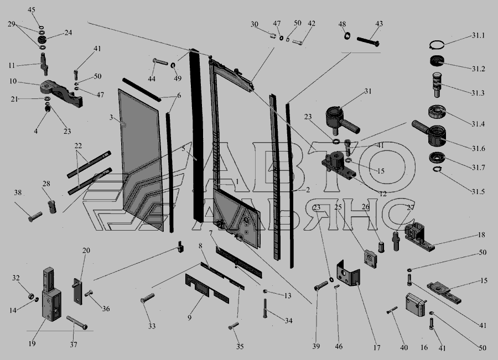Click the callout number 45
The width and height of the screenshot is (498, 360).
pyautogui.click(x=32, y=10)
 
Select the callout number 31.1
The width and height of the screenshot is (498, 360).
pyautogui.click(x=478, y=35)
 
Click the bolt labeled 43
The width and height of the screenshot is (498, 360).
pyautogui.click(x=368, y=41)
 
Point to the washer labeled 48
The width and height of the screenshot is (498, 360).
pyautogui.click(x=346, y=35)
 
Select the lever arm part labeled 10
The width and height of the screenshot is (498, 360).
pyautogui.click(x=62, y=93)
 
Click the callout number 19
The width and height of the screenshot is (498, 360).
pyautogui.click(x=32, y=343)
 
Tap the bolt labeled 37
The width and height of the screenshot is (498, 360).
pyautogui.click(x=77, y=322)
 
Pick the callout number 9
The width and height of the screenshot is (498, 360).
pyautogui.click(x=189, y=317)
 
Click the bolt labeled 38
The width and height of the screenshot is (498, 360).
pyautogui.click(x=35, y=217)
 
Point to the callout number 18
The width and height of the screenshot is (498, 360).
pyautogui.click(x=481, y=234)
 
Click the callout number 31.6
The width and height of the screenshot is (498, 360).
pyautogui.click(x=478, y=148)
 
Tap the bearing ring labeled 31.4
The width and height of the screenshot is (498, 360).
pyautogui.click(x=438, y=113)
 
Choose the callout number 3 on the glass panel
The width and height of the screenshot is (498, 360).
pyautogui.click(x=111, y=117)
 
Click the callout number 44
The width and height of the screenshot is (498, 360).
pyautogui.click(x=152, y=79)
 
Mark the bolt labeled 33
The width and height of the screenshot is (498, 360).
pyautogui.click(x=147, y=298)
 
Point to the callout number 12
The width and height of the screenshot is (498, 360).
pyautogui.click(x=383, y=194)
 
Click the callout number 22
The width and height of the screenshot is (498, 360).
pyautogui.click(x=78, y=146)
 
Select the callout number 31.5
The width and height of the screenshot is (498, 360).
pyautogui.click(x=478, y=191)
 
